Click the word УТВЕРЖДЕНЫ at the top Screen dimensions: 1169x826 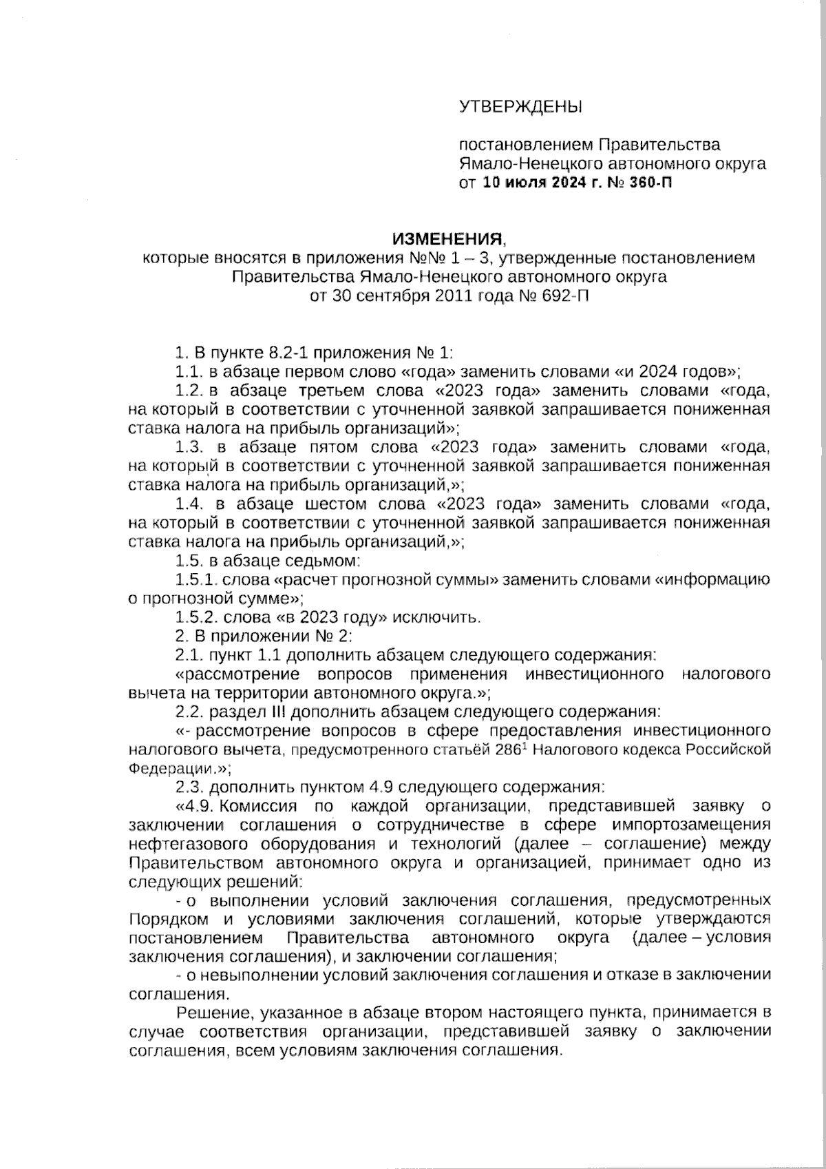coord(520,107)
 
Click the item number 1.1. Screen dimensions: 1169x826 coord(187,372)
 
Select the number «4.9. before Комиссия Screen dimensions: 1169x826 coord(195,805)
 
